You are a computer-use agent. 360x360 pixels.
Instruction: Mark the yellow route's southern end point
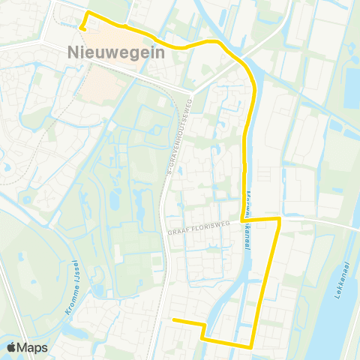[x=173, y=320]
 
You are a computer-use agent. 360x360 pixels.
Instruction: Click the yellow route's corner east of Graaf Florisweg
[x=280, y=218]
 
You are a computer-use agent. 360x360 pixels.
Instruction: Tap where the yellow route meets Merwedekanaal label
[x=245, y=219]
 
